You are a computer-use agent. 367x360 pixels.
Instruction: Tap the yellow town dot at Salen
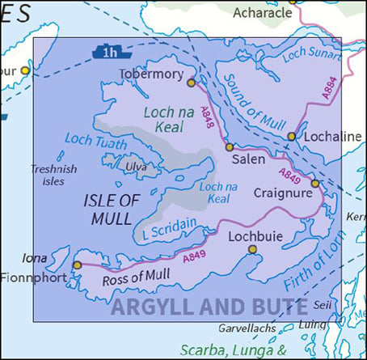click(x=229, y=147)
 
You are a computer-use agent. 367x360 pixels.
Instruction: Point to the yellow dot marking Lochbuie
click(x=251, y=250)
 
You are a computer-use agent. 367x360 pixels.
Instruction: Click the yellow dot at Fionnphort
click(x=77, y=265)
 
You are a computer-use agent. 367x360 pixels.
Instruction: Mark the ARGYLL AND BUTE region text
click(x=209, y=307)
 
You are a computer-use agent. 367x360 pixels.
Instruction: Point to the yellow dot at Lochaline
click(x=292, y=136)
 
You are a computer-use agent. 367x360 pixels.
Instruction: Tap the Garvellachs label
click(x=246, y=329)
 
